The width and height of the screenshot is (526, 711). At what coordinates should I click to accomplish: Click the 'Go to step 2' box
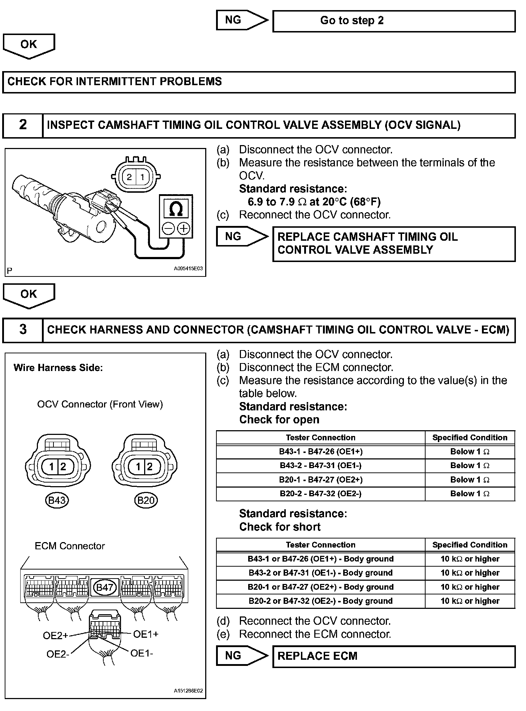click(x=394, y=21)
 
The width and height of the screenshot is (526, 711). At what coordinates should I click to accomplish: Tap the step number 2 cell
click(x=23, y=125)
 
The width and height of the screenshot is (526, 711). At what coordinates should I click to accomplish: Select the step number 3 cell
click(x=23, y=330)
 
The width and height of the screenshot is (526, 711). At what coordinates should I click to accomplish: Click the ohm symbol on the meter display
click(x=176, y=209)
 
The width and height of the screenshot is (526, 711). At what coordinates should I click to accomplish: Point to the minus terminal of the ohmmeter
click(x=168, y=228)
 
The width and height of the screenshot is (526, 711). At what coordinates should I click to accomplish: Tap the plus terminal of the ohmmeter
click(x=184, y=228)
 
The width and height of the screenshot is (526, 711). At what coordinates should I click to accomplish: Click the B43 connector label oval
click(x=57, y=500)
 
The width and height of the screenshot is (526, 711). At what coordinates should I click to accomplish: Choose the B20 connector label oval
click(x=146, y=500)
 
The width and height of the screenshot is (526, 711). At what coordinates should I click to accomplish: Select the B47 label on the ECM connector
click(x=104, y=587)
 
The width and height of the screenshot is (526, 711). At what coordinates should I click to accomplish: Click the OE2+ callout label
click(x=55, y=636)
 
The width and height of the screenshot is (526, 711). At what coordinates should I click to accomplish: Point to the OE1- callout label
click(x=142, y=653)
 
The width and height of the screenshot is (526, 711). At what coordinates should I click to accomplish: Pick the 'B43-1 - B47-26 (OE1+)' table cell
click(x=320, y=452)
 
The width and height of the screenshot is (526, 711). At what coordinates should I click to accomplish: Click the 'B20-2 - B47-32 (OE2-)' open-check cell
click(x=320, y=494)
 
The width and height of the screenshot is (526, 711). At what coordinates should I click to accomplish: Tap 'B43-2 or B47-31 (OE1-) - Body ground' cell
click(x=320, y=573)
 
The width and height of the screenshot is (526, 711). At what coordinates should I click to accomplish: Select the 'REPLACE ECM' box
click(x=394, y=656)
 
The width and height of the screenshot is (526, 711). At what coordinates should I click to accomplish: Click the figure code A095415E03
click(x=188, y=269)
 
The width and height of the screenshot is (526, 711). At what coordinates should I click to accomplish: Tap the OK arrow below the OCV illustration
click(x=29, y=296)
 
